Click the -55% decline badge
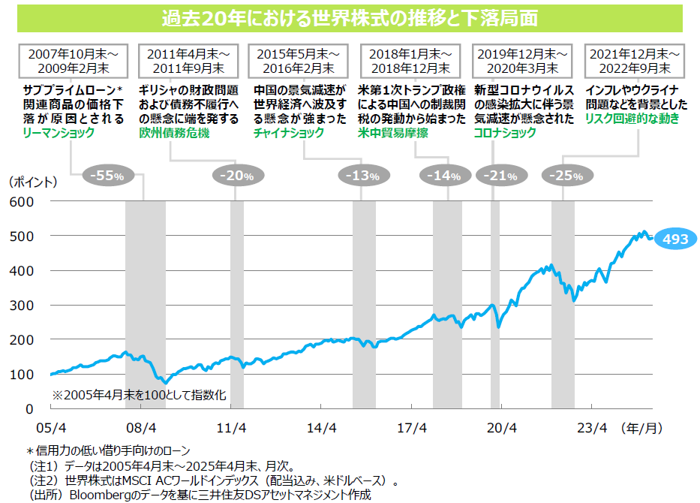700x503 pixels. point(106,176)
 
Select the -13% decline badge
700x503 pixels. point(359,176)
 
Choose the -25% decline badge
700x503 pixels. point(566,176)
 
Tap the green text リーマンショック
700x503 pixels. point(59,132)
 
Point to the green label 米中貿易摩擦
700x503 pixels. point(394,132)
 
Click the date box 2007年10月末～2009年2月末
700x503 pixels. point(73,61)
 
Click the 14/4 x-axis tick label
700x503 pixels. point(322,428)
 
